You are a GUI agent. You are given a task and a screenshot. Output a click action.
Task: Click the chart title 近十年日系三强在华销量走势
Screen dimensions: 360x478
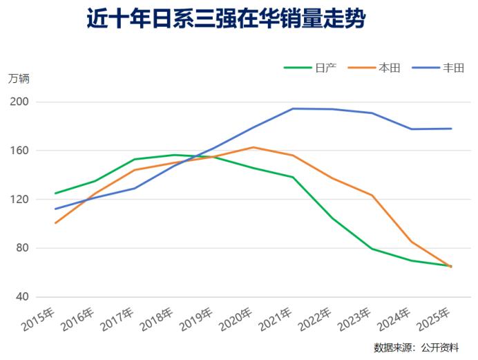[x=225, y=19]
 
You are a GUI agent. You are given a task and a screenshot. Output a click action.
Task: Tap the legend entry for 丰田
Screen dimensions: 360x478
[x=453, y=67]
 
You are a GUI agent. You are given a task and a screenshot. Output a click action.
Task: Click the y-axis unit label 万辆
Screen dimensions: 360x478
[x=19, y=78]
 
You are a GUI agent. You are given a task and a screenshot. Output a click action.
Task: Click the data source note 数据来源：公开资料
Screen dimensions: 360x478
[x=416, y=347]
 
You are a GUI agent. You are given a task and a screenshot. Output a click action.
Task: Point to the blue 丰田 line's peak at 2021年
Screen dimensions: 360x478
[x=293, y=108]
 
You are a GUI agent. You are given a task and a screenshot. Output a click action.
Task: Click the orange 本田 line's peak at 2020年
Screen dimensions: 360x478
[x=254, y=147]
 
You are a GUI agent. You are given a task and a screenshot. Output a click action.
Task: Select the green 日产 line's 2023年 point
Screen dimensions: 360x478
[x=372, y=249]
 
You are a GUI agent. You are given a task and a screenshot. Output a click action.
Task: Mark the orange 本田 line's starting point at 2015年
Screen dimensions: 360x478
[x=55, y=223]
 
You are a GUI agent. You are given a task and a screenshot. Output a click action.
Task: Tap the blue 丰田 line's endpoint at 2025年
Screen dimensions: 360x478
[x=451, y=129]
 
